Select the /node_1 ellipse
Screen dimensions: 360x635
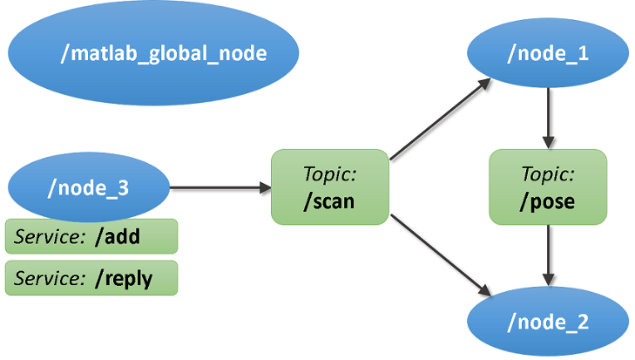(x=548, y=54)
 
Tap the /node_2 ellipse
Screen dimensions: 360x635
(x=548, y=322)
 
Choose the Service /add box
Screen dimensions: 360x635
(x=91, y=236)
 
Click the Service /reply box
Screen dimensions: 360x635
(x=91, y=278)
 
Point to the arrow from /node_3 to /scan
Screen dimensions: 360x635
(x=218, y=187)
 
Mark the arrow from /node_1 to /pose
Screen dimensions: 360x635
(x=548, y=117)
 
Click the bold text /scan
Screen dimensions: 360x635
(x=329, y=203)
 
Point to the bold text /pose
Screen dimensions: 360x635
(x=548, y=203)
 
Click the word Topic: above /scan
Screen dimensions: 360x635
(x=329, y=174)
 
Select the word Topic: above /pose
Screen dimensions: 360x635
(x=548, y=174)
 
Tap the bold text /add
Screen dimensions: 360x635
(x=117, y=236)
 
